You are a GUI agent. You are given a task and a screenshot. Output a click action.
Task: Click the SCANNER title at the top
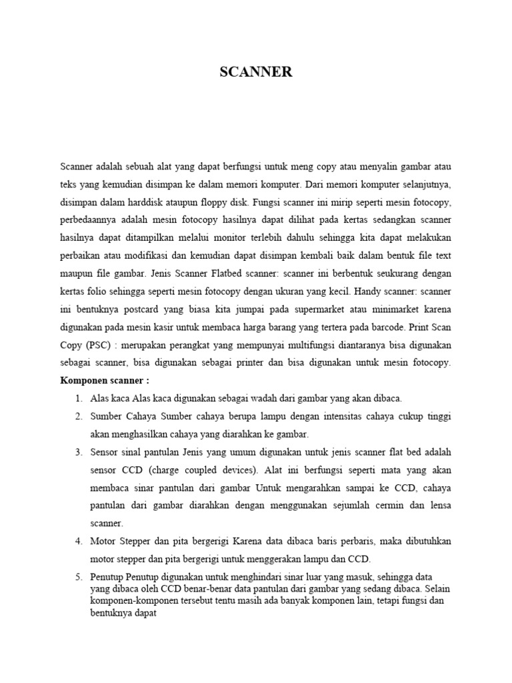(x=256, y=72)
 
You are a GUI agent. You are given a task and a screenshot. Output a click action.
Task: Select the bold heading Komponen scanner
(x=105, y=380)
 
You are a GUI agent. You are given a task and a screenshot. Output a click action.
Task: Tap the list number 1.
(x=78, y=399)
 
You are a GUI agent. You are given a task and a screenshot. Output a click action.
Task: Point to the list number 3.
(x=78, y=452)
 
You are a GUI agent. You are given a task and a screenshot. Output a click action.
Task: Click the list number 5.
(x=78, y=576)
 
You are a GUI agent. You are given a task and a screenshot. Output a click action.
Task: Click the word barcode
(x=387, y=327)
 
